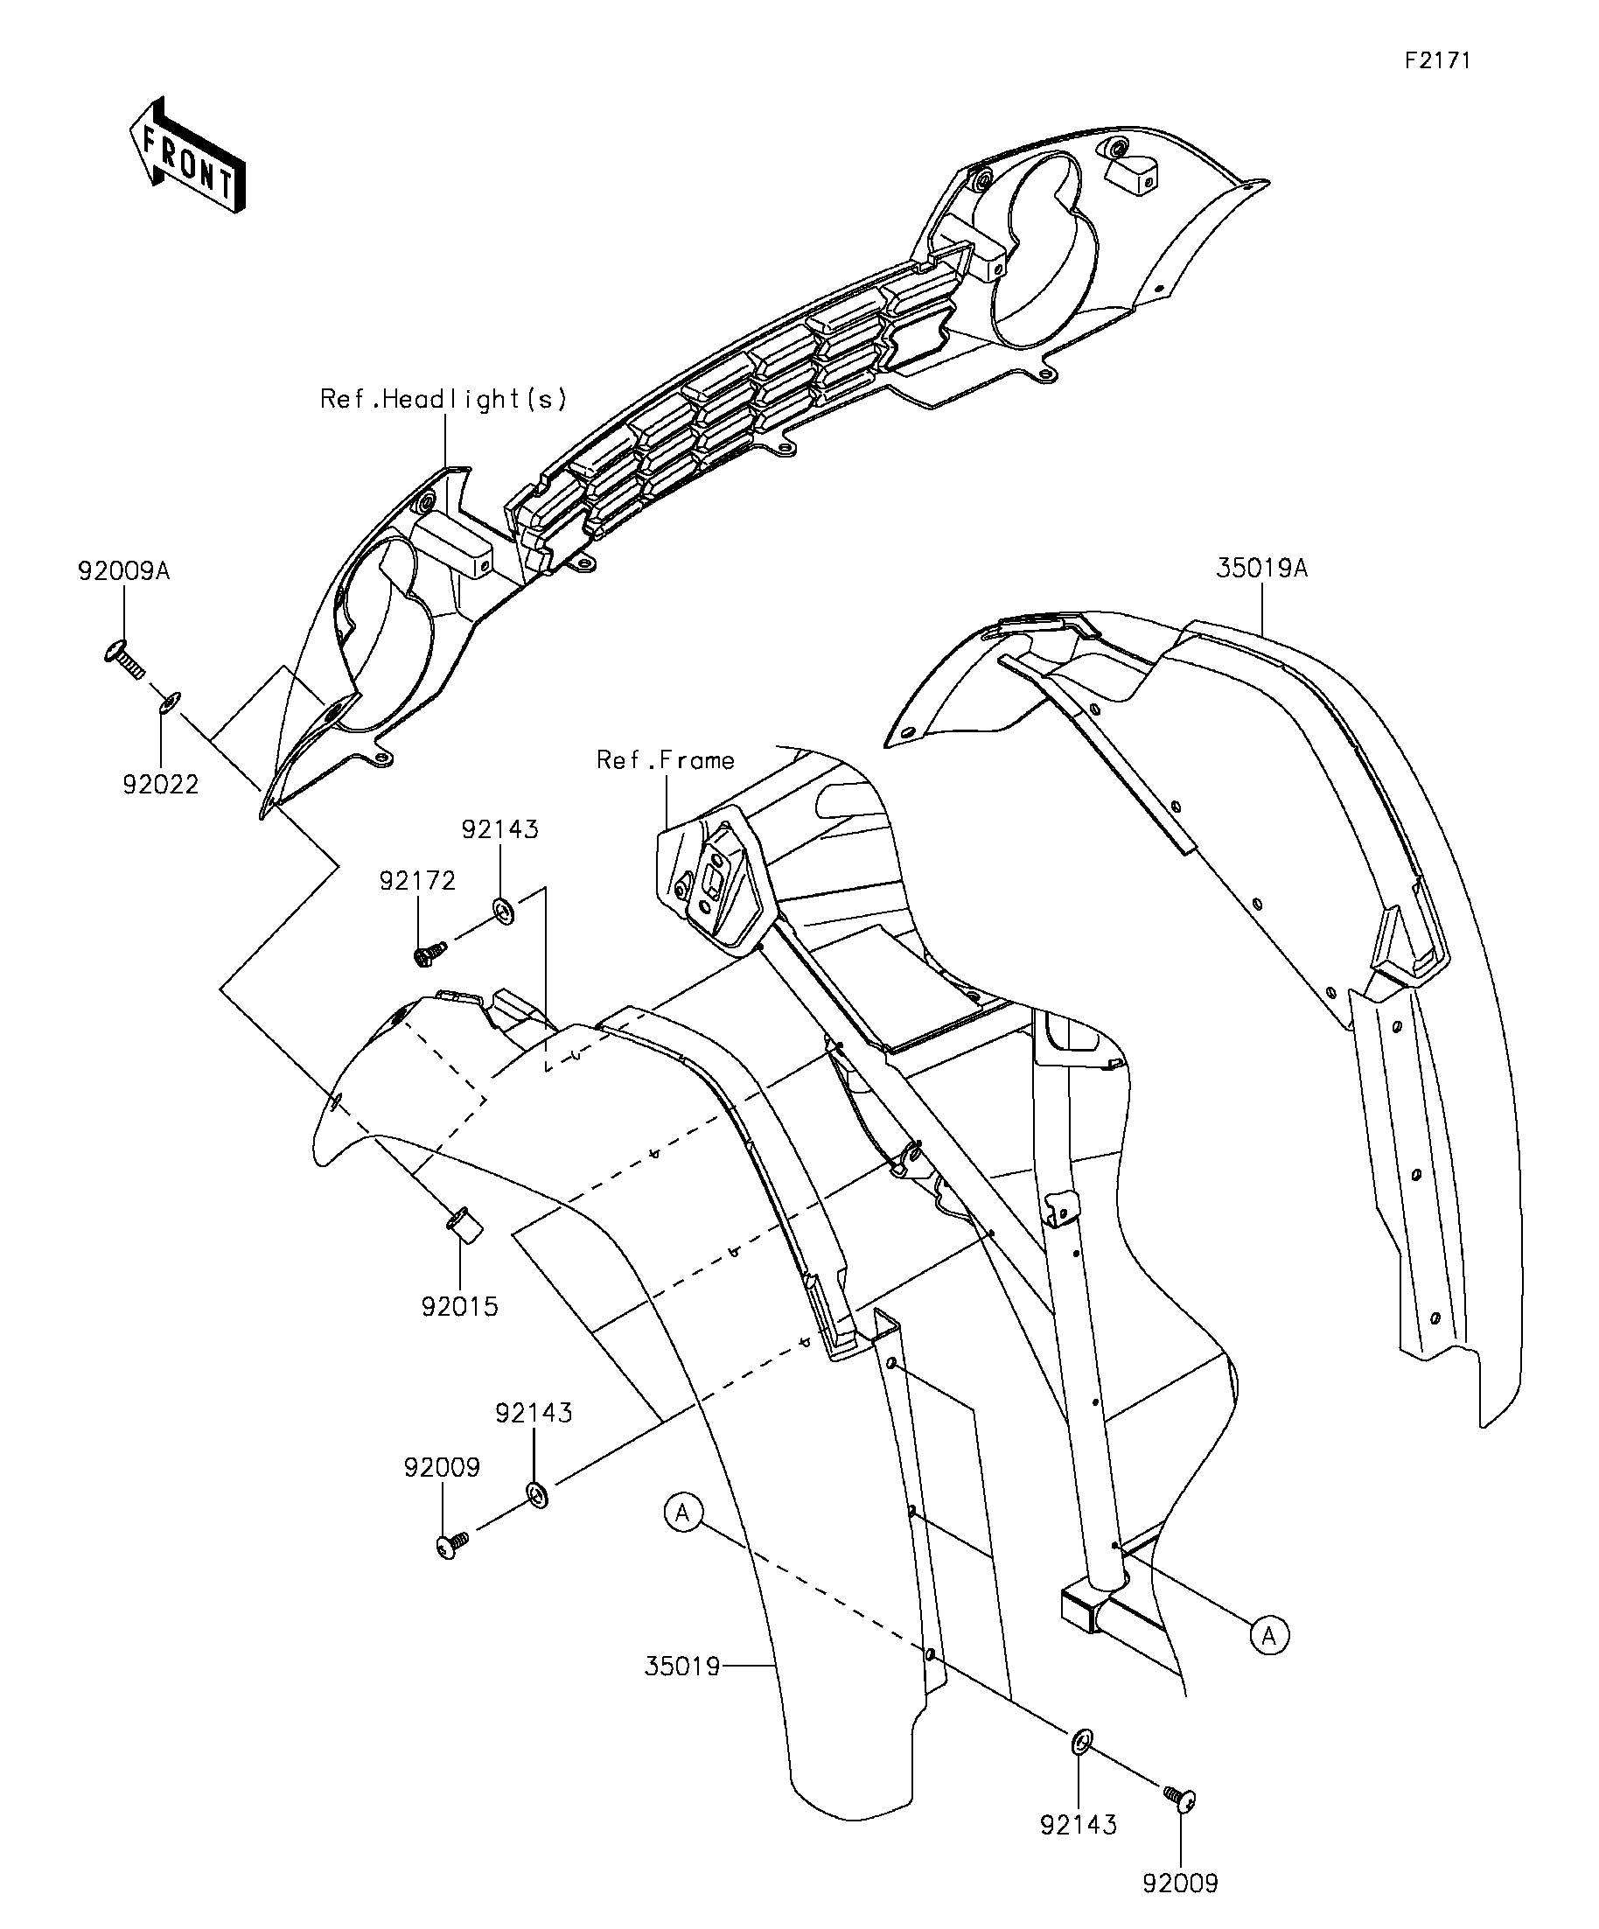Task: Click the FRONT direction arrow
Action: tap(186, 155)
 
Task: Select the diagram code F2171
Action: tap(1437, 60)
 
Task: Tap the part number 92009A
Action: tap(124, 571)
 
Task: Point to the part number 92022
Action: tap(161, 785)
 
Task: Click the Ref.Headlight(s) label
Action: tap(443, 399)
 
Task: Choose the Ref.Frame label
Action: tap(666, 759)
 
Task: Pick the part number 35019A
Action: tap(1262, 569)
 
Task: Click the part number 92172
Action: tap(418, 881)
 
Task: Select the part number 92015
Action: tap(460, 1306)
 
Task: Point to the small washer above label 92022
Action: tap(171, 703)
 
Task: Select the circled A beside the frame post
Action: tap(1268, 1635)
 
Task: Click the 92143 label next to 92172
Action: tap(500, 829)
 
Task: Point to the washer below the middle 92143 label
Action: tap(538, 1494)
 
